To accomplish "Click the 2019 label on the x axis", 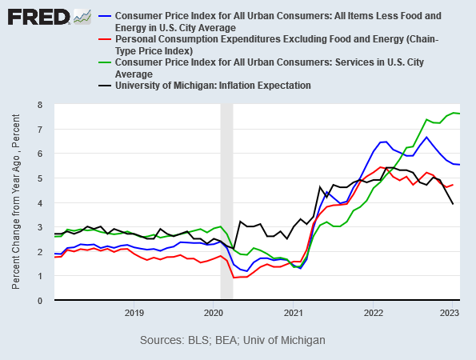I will (134, 312).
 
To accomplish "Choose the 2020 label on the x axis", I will (214, 312).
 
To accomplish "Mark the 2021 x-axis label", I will (294, 312).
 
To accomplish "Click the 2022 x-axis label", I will (374, 312).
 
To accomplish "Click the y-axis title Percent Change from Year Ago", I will (17, 202).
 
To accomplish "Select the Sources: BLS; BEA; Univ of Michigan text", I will (233, 340).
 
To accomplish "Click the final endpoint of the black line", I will (454, 204).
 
